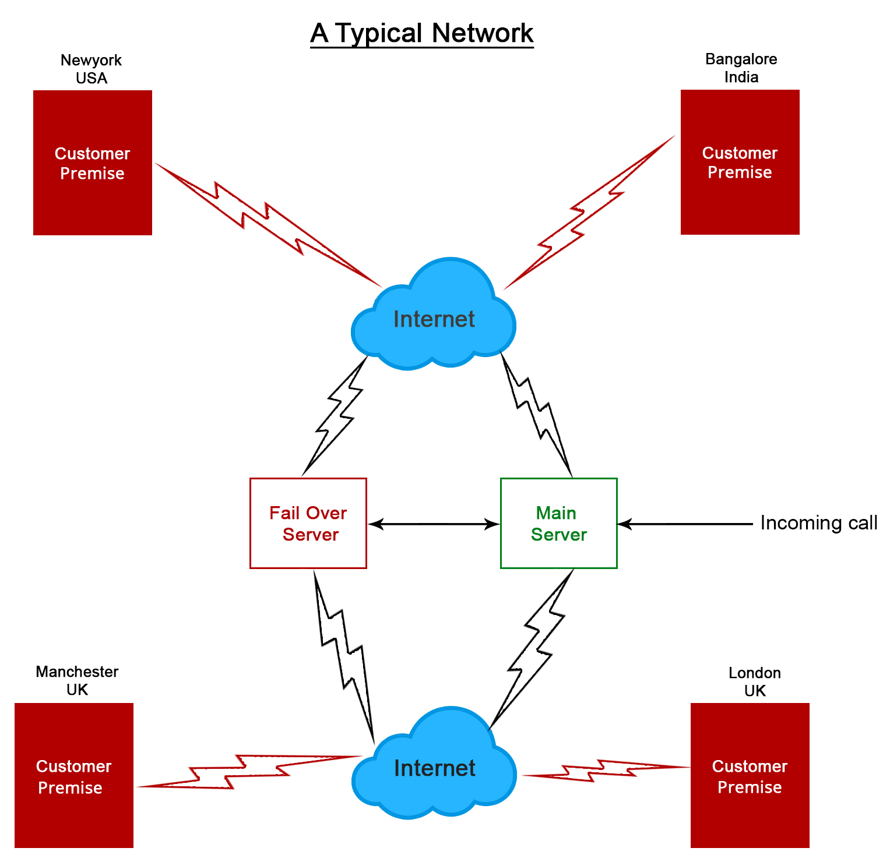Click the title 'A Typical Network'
tap(421, 33)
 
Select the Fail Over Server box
tap(308, 523)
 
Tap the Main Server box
tap(558, 523)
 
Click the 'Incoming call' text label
tap(818, 523)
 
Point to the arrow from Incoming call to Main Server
tap(685, 524)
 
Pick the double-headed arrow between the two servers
tap(434, 524)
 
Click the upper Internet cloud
tap(434, 317)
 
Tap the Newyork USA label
tap(92, 69)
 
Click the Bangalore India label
tap(741, 68)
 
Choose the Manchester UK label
tap(77, 680)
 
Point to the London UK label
tap(755, 681)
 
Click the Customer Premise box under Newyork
tap(93, 162)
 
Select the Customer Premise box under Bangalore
tap(740, 162)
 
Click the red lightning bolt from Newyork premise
tap(268, 224)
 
